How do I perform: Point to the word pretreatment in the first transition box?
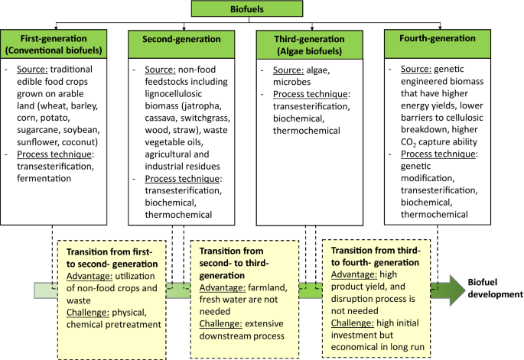click(139, 324)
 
